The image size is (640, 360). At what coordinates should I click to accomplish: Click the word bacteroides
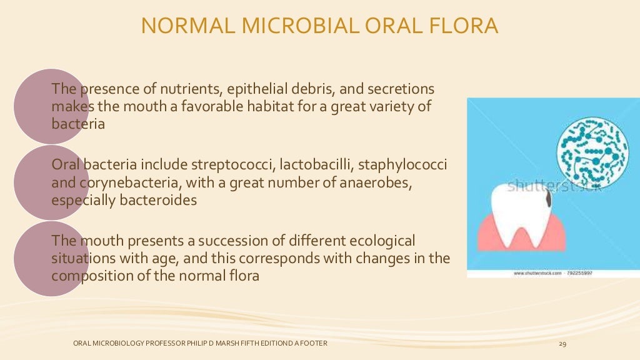(157, 199)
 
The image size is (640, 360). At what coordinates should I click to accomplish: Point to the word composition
(87, 275)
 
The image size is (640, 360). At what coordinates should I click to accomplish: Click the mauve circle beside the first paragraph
(50, 106)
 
